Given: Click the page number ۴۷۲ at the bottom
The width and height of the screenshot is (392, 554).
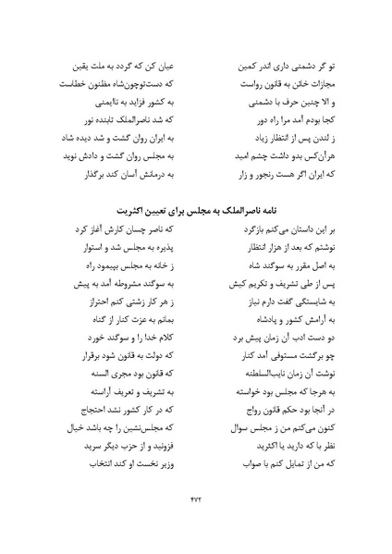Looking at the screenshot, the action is pyautogui.click(x=196, y=504).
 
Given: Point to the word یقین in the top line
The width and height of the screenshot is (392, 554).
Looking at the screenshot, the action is pyautogui.click(x=86, y=68).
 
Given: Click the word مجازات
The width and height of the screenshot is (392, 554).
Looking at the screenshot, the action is pyautogui.click(x=311, y=85).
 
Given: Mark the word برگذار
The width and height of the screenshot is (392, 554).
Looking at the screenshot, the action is pyautogui.click(x=89, y=173).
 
